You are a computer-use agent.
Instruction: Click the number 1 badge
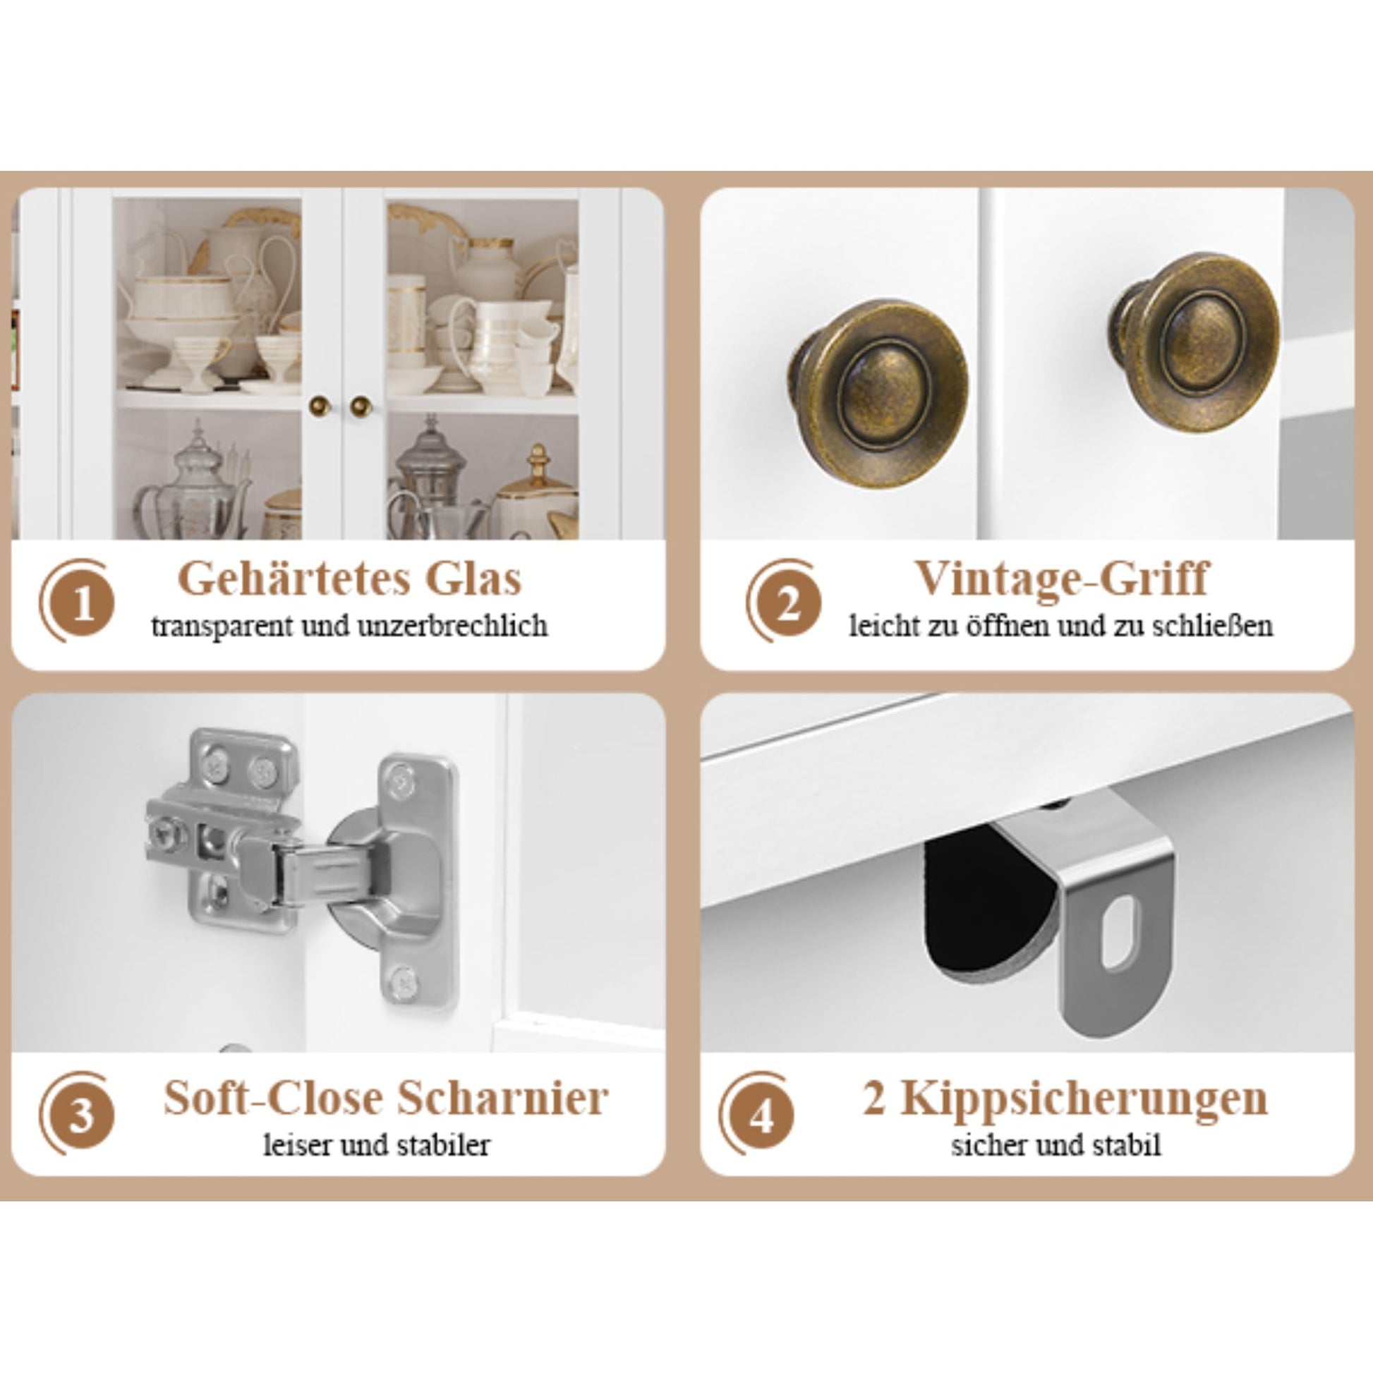pos(84,605)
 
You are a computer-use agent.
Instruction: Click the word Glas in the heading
pos(473,580)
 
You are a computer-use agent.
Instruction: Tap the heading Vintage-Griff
pos(1061,580)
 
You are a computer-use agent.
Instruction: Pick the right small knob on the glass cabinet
pos(361,406)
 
